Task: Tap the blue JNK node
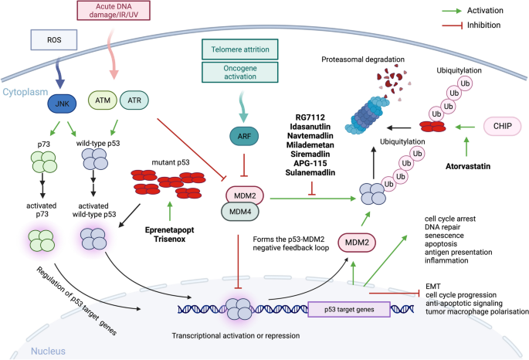point(61,100)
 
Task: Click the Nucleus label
point(48,352)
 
